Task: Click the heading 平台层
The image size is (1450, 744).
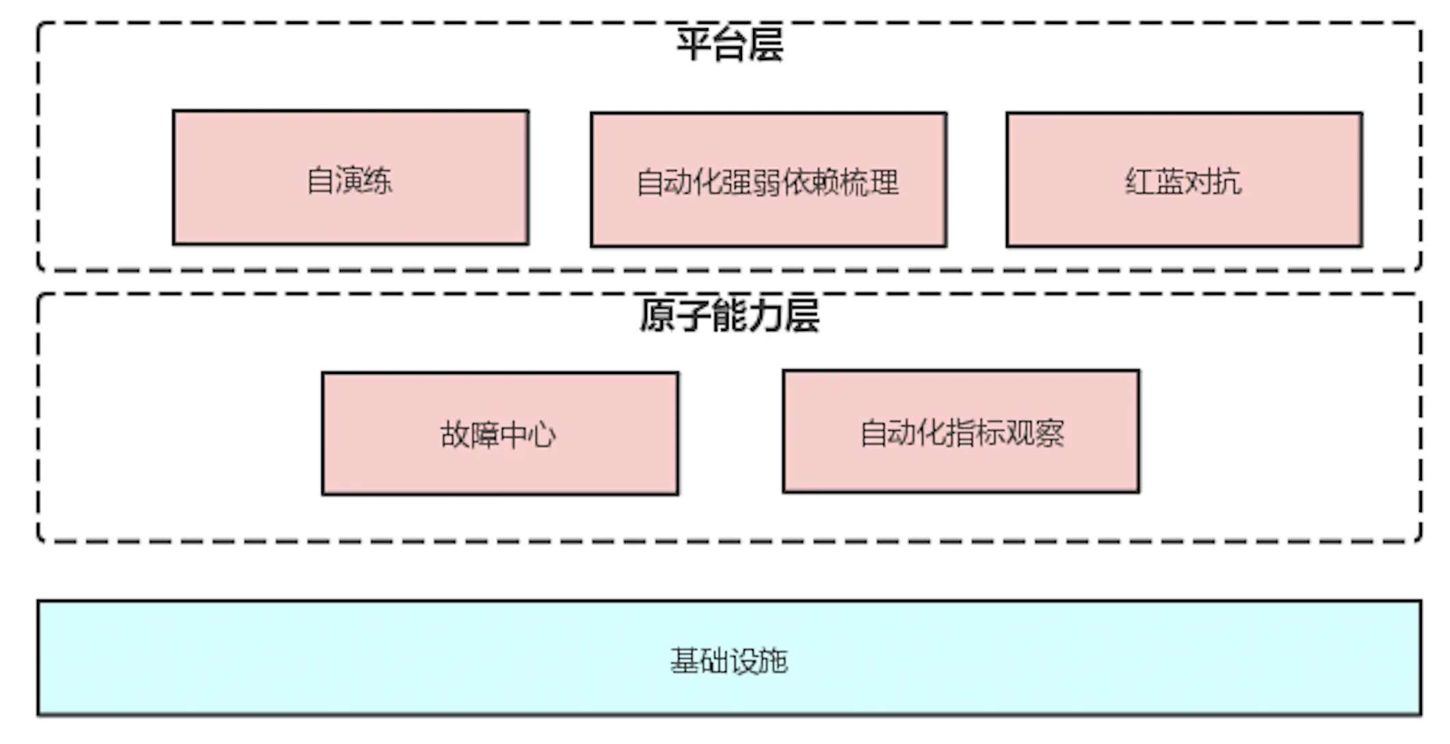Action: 729,44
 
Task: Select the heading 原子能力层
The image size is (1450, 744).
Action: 729,315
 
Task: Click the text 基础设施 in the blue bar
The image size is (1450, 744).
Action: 729,661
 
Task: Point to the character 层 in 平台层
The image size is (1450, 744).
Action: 765,44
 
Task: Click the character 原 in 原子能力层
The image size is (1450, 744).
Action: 657,315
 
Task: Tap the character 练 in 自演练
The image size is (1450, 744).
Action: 378,181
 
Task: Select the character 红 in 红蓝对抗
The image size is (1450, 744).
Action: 1139,182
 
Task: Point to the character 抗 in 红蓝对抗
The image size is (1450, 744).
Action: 1227,182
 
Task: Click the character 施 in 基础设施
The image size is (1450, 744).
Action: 773,661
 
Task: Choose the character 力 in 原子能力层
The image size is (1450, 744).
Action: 765,315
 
